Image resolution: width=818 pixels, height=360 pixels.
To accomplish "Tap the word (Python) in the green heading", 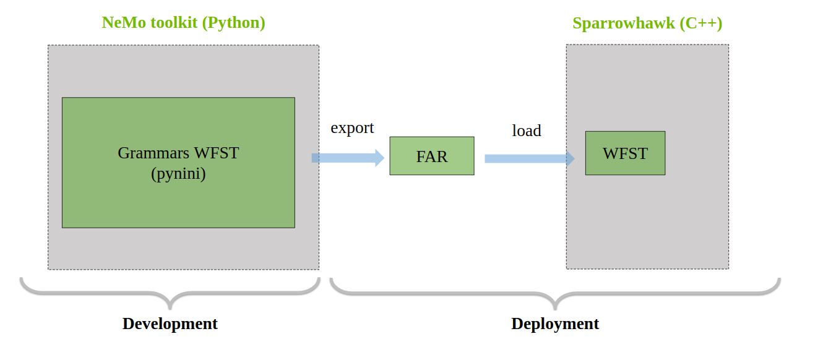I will point(236,23).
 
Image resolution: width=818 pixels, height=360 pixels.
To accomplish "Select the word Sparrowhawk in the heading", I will point(623,24).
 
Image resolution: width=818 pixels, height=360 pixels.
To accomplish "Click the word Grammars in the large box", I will point(152,153).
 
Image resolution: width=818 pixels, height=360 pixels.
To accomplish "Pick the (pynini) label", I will point(178,174).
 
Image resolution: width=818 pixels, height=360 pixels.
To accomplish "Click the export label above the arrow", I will point(352,128).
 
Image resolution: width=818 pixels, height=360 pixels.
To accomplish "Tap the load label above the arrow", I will point(527,131).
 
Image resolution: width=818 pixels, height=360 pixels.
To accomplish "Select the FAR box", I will point(432,156).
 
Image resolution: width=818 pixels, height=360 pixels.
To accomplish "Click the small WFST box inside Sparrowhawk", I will point(625,153).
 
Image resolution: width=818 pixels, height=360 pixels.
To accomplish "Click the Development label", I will point(170,324).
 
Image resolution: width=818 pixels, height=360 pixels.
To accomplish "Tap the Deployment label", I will point(555,324).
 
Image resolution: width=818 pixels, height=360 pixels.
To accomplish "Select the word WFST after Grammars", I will point(216,153).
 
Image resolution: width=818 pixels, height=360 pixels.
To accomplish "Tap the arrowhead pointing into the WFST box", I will point(570,158).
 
